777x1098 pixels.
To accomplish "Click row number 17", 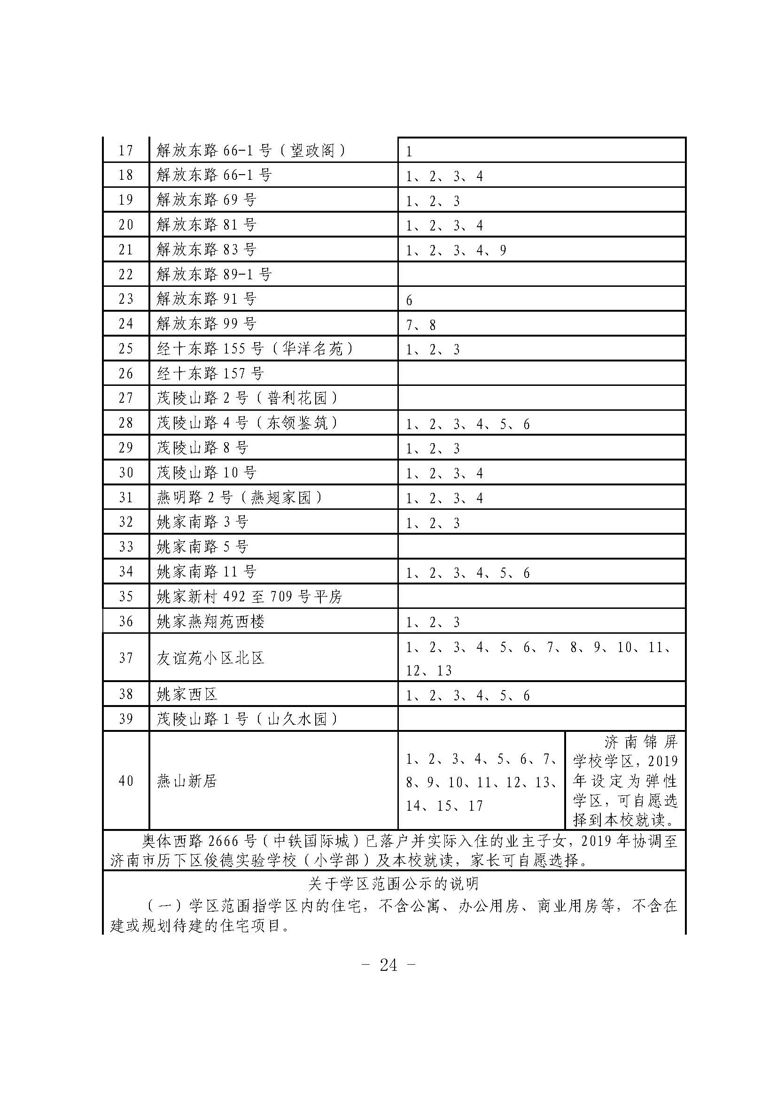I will (x=125, y=150).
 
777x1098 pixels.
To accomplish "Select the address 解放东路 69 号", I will (x=206, y=200).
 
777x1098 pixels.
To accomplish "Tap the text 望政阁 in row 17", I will (x=312, y=151).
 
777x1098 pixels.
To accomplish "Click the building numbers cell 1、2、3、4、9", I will (x=456, y=250).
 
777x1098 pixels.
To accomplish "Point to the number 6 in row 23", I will (x=409, y=300).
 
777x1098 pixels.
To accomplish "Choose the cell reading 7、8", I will (x=420, y=325).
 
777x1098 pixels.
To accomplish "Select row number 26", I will (x=125, y=374).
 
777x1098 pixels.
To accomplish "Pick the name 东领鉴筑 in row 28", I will (x=297, y=423).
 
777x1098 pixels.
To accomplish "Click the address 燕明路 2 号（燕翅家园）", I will (x=239, y=498).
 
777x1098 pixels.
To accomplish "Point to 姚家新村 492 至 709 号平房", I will (x=249, y=596).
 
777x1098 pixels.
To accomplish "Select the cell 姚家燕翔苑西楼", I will (x=210, y=621).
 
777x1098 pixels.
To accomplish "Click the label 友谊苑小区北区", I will (x=210, y=658).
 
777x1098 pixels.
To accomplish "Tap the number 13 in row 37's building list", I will (x=443, y=670).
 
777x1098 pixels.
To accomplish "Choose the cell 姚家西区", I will (x=187, y=694).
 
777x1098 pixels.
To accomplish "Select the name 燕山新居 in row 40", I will (x=187, y=782).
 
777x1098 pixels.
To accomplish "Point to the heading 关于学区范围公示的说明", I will (x=393, y=884).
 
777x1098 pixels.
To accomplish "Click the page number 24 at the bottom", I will (x=388, y=965).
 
